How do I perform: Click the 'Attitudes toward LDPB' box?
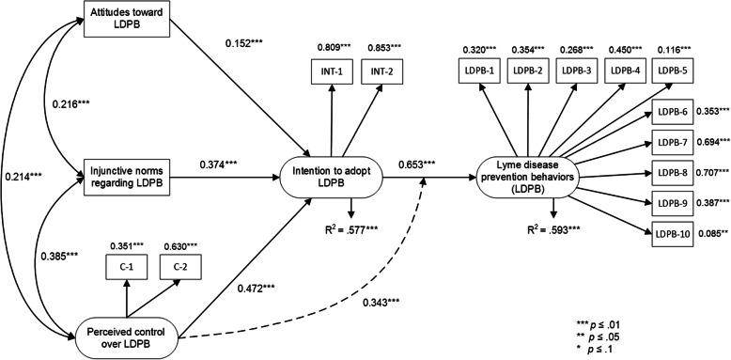point(128,20)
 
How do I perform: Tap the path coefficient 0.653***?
point(417,166)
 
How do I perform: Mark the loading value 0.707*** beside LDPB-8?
point(713,174)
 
